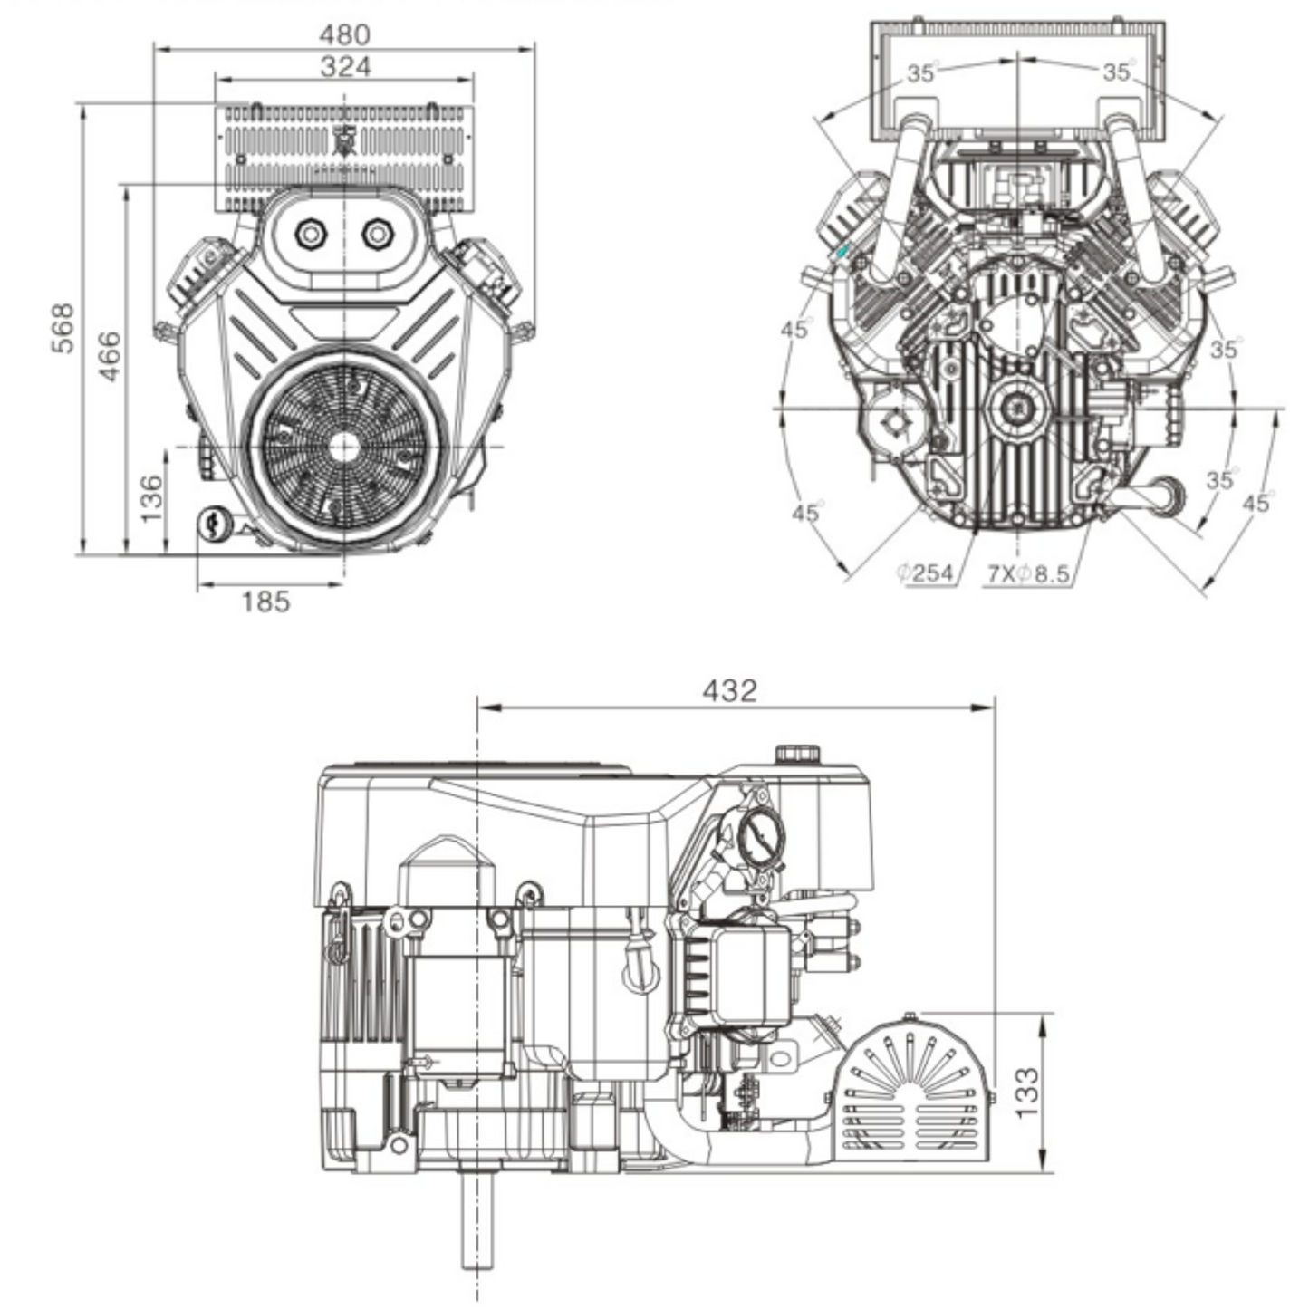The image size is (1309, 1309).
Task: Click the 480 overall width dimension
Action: [345, 34]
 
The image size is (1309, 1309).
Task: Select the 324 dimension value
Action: [345, 66]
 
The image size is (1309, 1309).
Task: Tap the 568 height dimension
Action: [62, 328]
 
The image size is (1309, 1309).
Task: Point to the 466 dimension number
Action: [109, 356]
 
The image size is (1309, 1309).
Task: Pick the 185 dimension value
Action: [265, 601]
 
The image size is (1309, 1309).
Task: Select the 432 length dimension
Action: [729, 690]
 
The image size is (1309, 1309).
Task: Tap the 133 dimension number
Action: [1025, 1092]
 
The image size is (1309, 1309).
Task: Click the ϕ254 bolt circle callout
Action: [926, 573]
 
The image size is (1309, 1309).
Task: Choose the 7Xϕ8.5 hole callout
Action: [1028, 573]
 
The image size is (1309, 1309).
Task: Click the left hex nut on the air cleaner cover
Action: [311, 235]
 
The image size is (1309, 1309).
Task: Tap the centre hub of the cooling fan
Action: [344, 447]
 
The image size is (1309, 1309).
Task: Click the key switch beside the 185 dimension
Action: [214, 523]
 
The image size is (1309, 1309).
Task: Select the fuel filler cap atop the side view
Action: [797, 754]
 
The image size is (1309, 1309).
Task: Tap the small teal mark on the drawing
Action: [842, 251]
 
